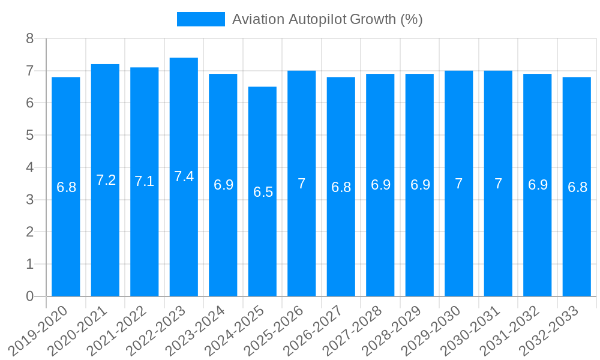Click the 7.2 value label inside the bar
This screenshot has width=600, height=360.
click(x=106, y=180)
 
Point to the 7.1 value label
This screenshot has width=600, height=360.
click(x=145, y=181)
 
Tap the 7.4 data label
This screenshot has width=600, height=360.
click(x=184, y=176)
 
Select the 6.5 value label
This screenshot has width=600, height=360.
click(x=263, y=192)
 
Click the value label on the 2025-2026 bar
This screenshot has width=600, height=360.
click(x=302, y=184)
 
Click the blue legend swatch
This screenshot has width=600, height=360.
click(x=200, y=19)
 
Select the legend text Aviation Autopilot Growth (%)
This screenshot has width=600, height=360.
click(x=327, y=19)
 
